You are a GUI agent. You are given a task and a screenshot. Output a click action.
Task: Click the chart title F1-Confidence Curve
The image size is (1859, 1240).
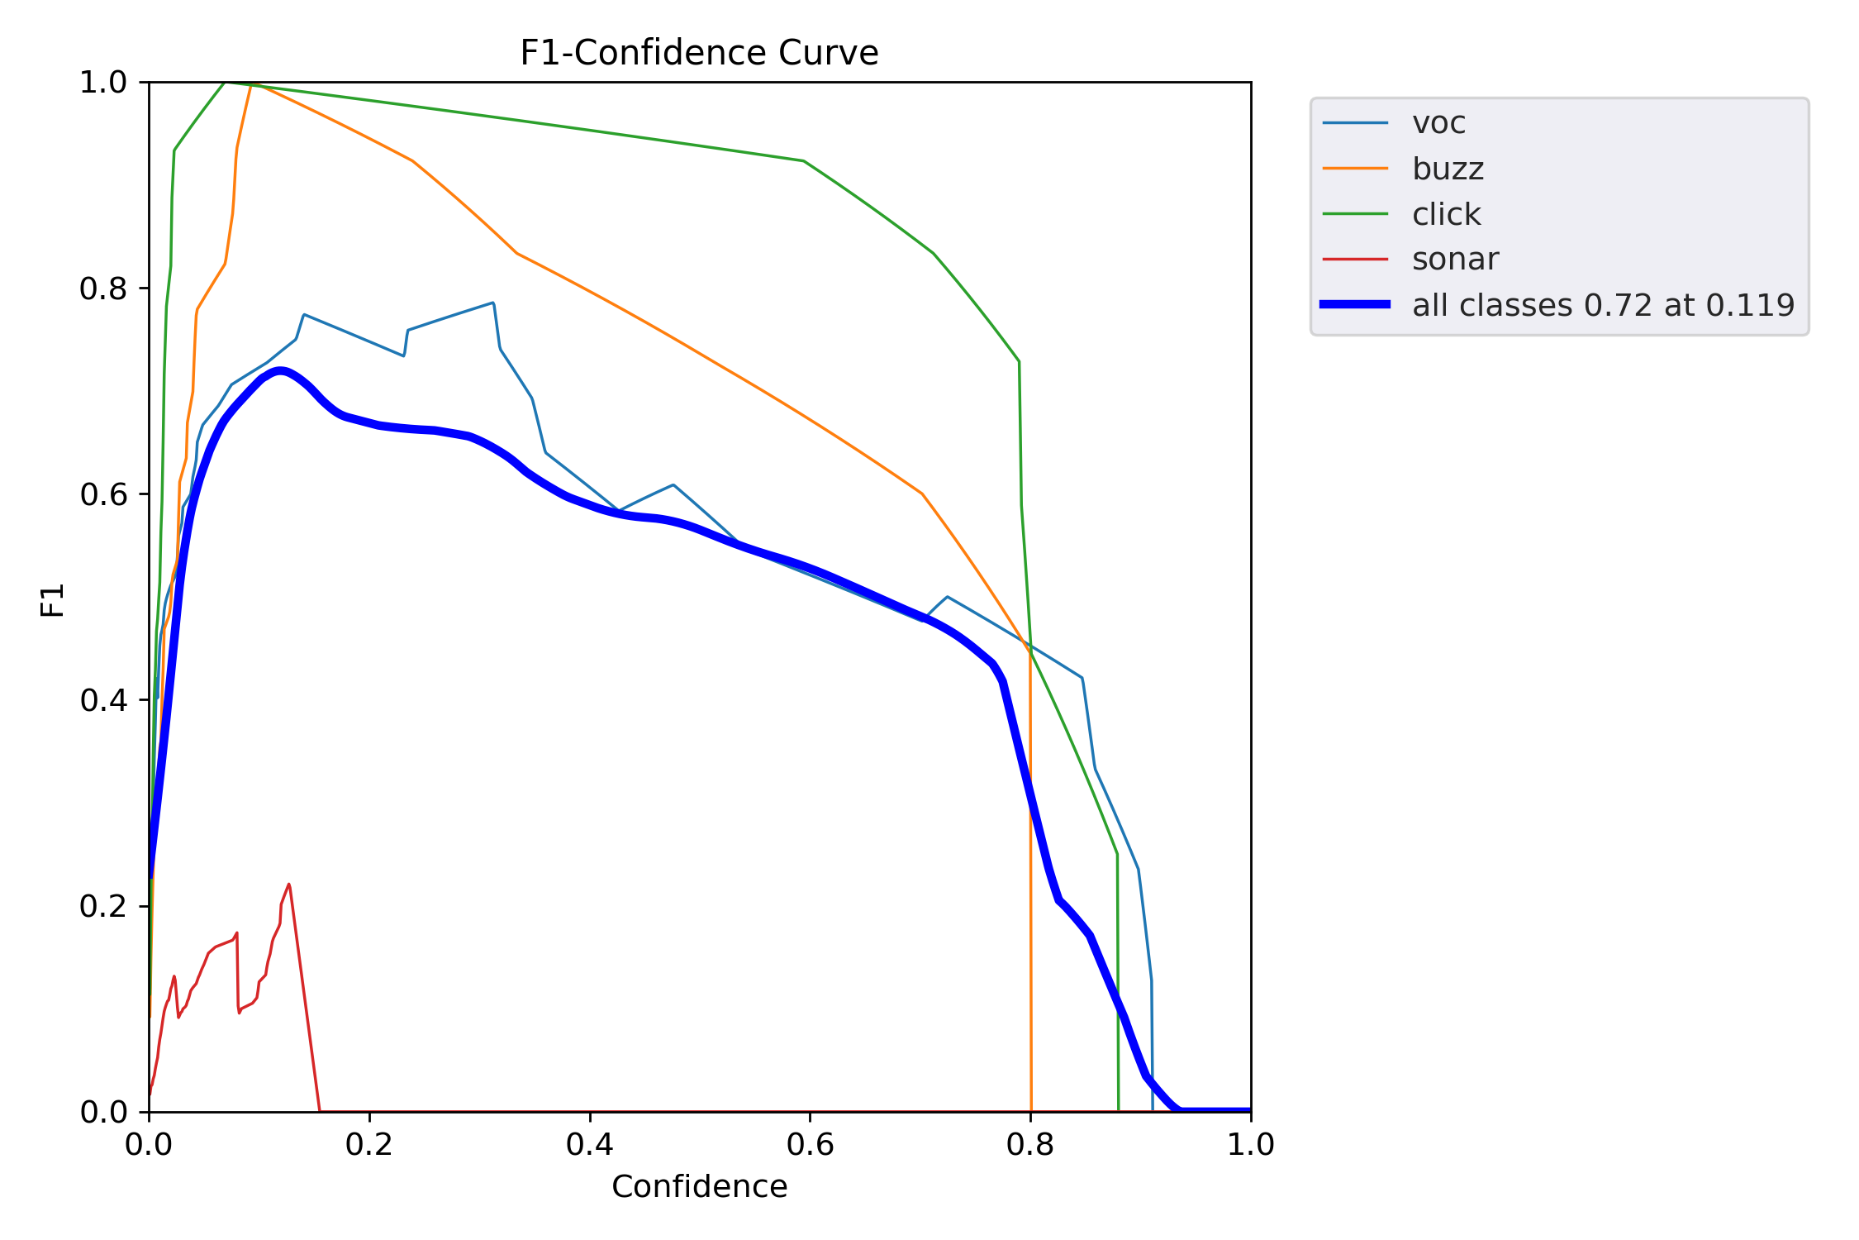click(x=699, y=53)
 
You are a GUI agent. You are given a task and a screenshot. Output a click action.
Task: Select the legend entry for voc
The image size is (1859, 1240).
click(x=1438, y=123)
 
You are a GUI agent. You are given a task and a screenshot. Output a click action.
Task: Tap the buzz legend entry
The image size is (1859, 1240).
click(x=1448, y=169)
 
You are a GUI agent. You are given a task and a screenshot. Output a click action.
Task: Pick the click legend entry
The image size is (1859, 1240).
click(x=1446, y=214)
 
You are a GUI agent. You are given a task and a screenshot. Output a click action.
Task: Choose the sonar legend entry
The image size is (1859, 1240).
click(x=1454, y=260)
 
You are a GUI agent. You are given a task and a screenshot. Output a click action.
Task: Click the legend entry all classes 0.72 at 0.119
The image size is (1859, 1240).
click(x=1603, y=305)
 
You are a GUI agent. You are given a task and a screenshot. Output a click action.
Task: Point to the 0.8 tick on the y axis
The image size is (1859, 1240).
click(x=103, y=289)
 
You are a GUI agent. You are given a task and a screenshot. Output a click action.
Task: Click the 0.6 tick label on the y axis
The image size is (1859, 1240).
click(x=103, y=494)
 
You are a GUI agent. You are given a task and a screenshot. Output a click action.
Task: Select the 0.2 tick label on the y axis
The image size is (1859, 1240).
click(x=103, y=906)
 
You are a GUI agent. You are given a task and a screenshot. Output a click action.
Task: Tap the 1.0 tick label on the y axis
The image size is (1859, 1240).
click(x=103, y=83)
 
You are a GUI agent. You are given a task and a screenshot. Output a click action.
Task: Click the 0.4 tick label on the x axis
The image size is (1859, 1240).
click(x=590, y=1144)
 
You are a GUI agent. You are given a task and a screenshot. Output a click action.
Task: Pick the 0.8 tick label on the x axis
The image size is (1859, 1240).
click(x=1030, y=1144)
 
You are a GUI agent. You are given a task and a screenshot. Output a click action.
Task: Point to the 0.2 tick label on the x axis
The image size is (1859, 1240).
click(x=369, y=1144)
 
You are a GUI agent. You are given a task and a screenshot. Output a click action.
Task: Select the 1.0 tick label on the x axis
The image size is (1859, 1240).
click(x=1250, y=1144)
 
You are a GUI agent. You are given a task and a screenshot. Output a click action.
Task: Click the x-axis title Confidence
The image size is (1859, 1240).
click(x=699, y=1187)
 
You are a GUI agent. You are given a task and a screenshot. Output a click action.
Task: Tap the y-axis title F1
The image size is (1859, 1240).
click(x=52, y=600)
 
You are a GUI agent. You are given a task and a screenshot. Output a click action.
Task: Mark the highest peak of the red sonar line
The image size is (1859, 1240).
click(x=288, y=885)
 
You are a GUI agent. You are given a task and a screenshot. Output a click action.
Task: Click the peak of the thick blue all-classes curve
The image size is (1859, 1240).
click(x=281, y=370)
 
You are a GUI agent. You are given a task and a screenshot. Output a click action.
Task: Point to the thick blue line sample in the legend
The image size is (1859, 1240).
click(x=1355, y=305)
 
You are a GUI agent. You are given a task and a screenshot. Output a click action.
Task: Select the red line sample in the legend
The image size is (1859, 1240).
click(x=1355, y=260)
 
